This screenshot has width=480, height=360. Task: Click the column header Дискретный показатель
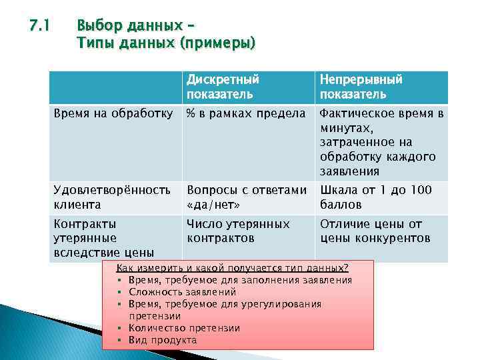(223, 86)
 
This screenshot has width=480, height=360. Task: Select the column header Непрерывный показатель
(361, 86)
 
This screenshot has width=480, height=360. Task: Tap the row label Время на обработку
(113, 113)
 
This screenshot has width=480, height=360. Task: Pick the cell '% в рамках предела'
(245, 113)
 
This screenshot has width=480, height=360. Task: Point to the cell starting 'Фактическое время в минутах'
(381, 142)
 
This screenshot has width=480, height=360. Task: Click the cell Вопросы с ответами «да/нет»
(247, 197)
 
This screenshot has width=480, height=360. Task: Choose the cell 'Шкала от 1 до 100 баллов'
(375, 197)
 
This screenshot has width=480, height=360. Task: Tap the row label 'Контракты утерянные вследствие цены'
(104, 238)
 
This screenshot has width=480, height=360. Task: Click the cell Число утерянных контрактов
(238, 231)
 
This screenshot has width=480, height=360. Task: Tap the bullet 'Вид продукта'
(163, 340)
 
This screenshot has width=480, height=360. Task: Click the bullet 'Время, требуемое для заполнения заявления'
(239, 280)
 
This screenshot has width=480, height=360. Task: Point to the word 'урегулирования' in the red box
(287, 304)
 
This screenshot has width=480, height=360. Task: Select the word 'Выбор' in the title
(95, 27)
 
